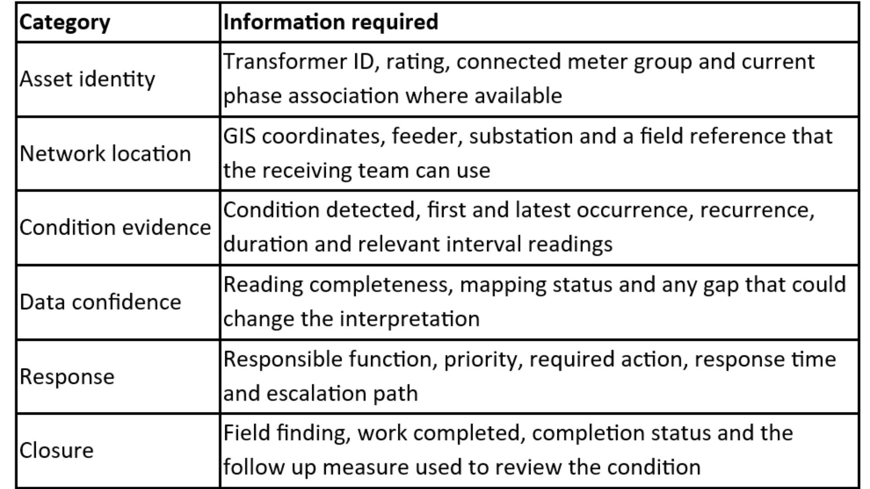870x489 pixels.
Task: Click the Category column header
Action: click(65, 23)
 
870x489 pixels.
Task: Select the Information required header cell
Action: click(331, 23)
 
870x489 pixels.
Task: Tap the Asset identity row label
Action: click(87, 80)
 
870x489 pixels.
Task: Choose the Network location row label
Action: click(105, 154)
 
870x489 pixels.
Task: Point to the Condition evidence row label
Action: click(115, 228)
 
